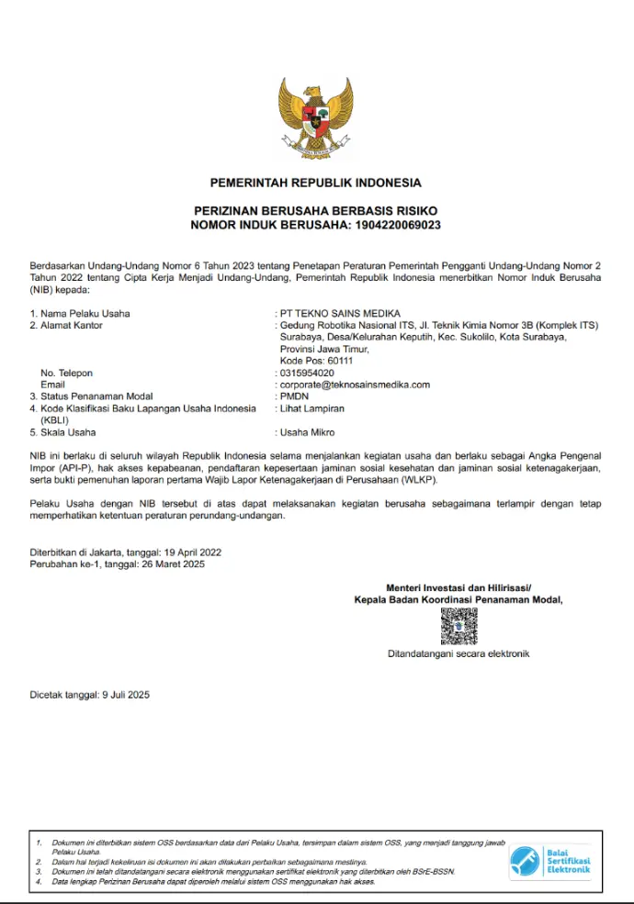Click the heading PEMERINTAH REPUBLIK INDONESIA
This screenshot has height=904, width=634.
316,183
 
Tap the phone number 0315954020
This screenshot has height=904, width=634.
307,374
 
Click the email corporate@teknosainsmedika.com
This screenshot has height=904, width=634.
355,385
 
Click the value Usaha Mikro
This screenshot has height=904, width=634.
307,432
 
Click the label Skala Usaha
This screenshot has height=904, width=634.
69,432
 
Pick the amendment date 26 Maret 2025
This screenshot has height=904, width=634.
173,564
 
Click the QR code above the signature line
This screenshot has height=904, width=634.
459,627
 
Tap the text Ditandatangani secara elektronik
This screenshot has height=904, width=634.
459,654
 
